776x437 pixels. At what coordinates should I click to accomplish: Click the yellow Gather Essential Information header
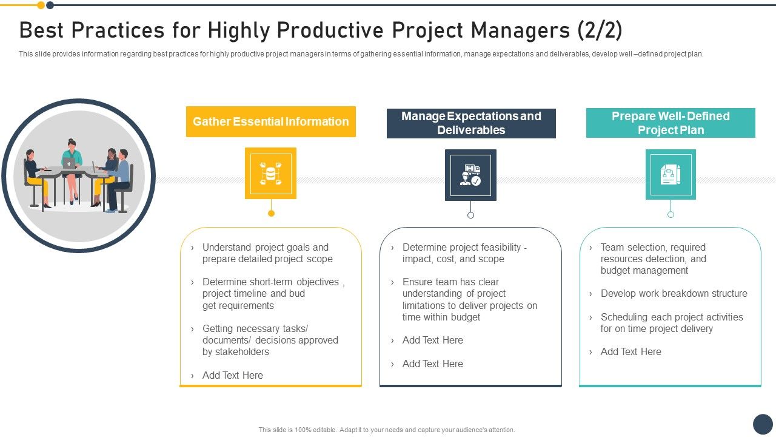pyautogui.click(x=270, y=121)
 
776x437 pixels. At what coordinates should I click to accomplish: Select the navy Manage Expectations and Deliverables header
pyautogui.click(x=471, y=123)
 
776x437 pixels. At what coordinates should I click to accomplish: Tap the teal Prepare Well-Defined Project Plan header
pyautogui.click(x=671, y=123)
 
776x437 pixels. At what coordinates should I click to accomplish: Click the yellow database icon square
pyautogui.click(x=270, y=173)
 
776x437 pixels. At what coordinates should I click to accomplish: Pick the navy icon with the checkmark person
pyautogui.click(x=470, y=175)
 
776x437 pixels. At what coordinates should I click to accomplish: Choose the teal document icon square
pyautogui.click(x=671, y=174)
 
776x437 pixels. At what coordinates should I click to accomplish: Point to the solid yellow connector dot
pyautogui.click(x=271, y=213)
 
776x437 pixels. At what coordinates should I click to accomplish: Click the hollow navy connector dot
pyautogui.click(x=470, y=215)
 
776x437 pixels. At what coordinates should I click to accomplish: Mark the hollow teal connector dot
pyautogui.click(x=671, y=214)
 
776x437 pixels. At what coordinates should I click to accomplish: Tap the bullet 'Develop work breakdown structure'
pyautogui.click(x=674, y=294)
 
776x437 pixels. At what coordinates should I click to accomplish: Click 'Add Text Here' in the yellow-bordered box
pyautogui.click(x=232, y=375)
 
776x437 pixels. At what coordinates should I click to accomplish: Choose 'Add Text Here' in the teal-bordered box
pyautogui.click(x=630, y=352)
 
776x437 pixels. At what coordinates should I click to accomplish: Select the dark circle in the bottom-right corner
pyautogui.click(x=763, y=424)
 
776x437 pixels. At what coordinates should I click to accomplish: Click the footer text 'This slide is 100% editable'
pyautogui.click(x=386, y=430)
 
